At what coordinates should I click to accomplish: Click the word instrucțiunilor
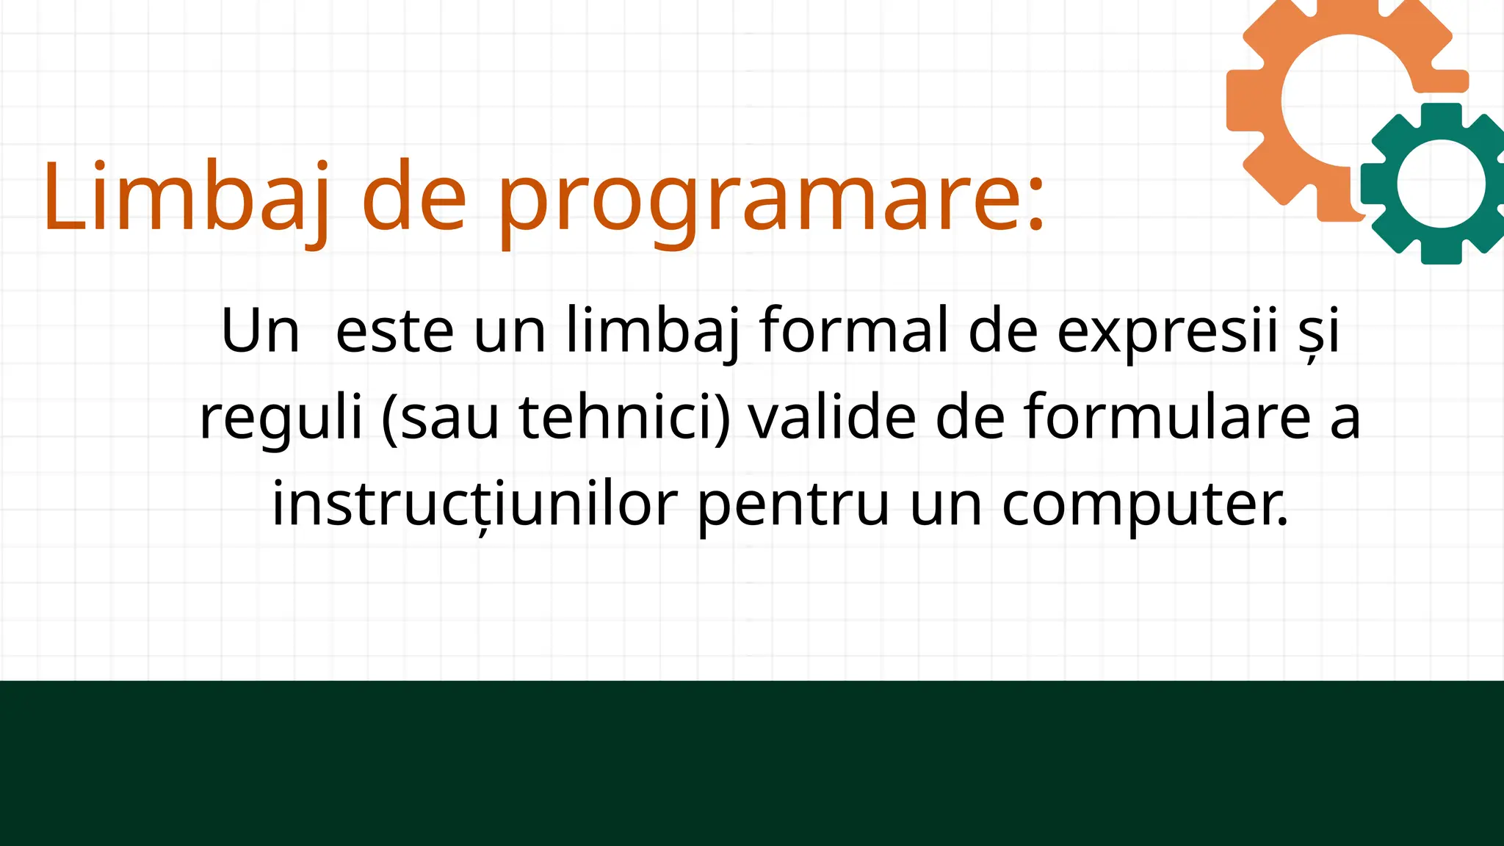pyautogui.click(x=474, y=505)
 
